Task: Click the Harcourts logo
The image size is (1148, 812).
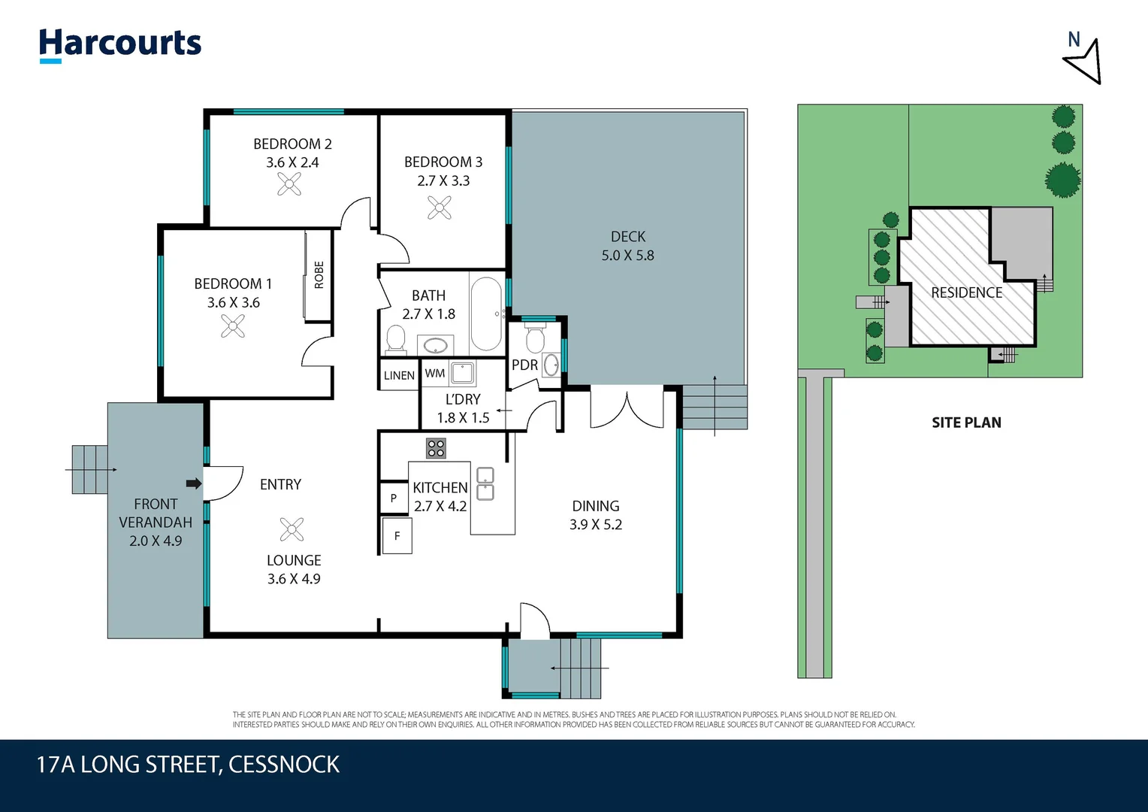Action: click(x=120, y=45)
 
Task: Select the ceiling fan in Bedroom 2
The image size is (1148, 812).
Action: click(x=289, y=184)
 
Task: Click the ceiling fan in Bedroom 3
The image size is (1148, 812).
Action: click(x=440, y=208)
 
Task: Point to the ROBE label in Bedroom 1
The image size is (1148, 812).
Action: click(x=319, y=275)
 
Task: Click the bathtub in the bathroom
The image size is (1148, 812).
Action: click(x=486, y=314)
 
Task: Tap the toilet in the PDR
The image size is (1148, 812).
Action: click(x=535, y=337)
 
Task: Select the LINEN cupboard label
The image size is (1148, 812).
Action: click(x=399, y=375)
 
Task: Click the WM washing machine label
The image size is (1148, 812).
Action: click(x=434, y=373)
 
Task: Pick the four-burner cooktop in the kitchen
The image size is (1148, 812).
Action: click(x=437, y=448)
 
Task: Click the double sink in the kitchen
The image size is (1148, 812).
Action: click(x=485, y=483)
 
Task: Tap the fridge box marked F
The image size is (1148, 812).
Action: click(x=397, y=536)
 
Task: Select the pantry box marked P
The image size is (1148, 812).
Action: click(x=394, y=498)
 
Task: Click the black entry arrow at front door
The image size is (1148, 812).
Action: click(x=194, y=483)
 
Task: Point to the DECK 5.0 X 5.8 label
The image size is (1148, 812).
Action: click(x=628, y=246)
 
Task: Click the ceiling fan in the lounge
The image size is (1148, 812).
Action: click(x=292, y=530)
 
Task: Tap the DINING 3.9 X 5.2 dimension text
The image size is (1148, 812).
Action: click(x=596, y=524)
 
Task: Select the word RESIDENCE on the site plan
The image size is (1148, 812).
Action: click(x=967, y=292)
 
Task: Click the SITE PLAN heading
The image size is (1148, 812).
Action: click(x=967, y=423)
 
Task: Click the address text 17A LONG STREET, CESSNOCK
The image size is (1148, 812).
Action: click(x=188, y=765)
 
